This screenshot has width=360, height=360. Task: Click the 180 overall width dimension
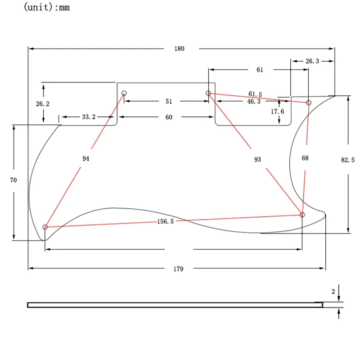[179, 49]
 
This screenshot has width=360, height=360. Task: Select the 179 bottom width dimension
[179, 269]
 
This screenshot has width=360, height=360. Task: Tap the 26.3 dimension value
[311, 61]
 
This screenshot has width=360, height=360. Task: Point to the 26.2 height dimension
[43, 103]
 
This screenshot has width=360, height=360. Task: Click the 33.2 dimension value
[89, 117]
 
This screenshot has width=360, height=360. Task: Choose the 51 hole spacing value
[168, 102]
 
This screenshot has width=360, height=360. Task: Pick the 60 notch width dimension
[168, 117]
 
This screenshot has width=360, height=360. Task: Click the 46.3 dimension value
[253, 102]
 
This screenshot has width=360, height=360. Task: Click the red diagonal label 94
[86, 158]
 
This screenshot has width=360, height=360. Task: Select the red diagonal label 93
[257, 159]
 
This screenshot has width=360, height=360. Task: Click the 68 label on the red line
[306, 158]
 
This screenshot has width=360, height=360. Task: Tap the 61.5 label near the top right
[255, 94]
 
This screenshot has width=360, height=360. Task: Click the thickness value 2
[333, 292]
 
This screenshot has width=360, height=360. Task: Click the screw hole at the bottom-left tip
[45, 227]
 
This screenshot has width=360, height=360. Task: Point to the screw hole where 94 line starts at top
[124, 94]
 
